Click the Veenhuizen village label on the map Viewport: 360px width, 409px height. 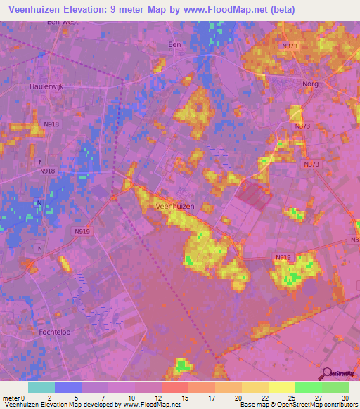click(174, 207)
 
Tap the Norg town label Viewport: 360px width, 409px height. click(310, 84)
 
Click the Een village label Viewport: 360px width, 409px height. click(175, 44)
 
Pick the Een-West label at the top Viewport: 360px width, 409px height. click(62, 22)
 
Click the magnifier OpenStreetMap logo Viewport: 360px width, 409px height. click(328, 374)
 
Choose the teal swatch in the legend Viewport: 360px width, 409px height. click(41, 387)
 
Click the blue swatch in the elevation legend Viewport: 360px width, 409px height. click(68, 387)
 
